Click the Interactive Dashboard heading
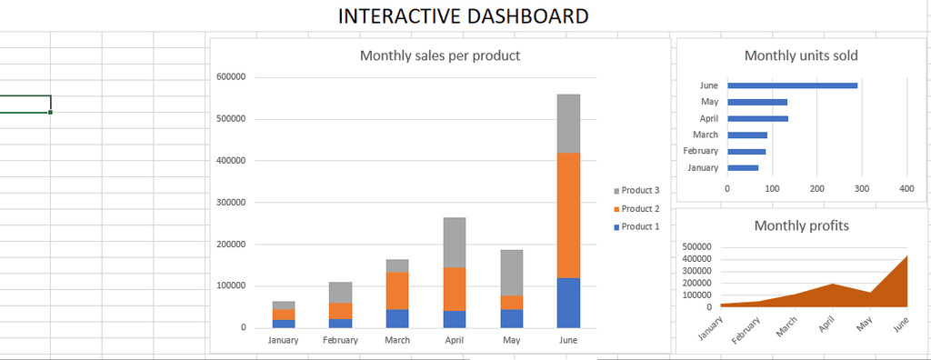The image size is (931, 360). pos(463,16)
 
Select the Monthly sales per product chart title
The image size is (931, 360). pos(440,55)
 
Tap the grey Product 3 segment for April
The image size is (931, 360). pos(454,242)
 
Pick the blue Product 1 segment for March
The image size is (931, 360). pos(396,318)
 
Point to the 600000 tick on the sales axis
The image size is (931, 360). pos(230,77)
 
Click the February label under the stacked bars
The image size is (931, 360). pos(340,340)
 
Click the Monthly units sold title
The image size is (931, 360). pos(801,55)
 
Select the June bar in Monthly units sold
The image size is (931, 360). pos(792,85)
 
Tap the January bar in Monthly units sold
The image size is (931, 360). pos(742,167)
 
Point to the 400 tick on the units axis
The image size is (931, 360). pos(906,188)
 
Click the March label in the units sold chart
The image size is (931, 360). pos(706,135)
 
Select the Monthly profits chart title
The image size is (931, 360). pos(801,225)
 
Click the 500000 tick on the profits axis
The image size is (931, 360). pos(697,246)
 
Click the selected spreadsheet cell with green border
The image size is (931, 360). pos(25,103)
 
